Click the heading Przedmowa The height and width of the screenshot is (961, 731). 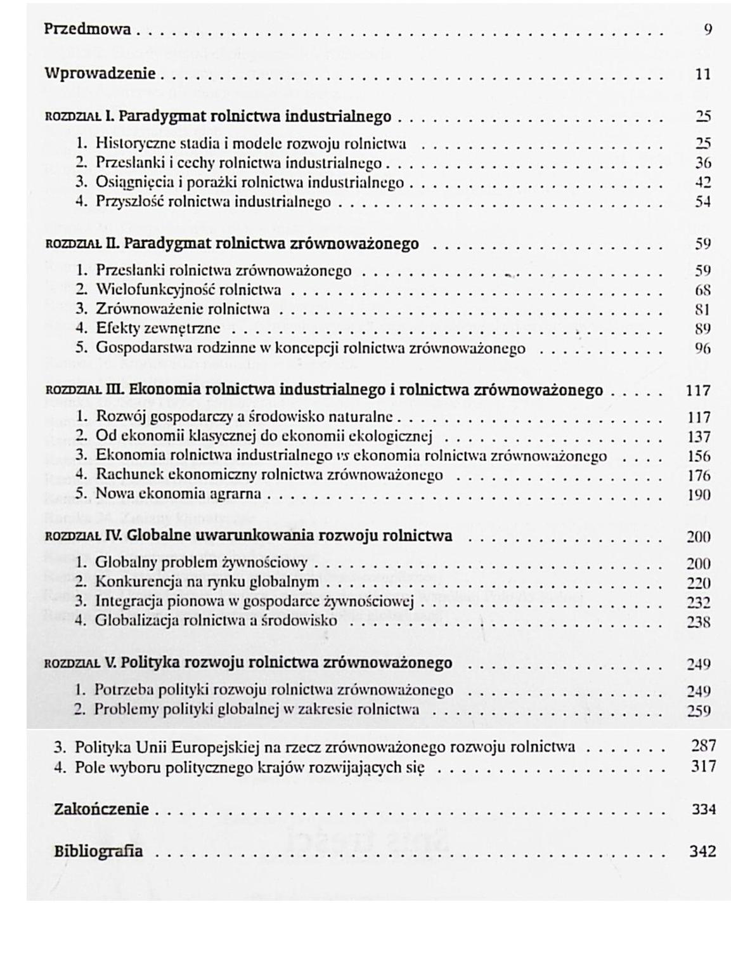87,29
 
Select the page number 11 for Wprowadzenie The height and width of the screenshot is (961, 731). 702,74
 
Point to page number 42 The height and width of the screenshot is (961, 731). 702,183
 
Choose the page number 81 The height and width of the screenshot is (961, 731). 702,310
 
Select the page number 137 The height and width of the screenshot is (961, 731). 699,437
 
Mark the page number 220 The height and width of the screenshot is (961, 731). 698,584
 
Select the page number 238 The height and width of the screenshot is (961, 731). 698,622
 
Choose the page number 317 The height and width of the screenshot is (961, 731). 703,766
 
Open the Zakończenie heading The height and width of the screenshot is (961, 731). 101,809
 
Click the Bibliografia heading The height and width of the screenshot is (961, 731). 98,851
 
